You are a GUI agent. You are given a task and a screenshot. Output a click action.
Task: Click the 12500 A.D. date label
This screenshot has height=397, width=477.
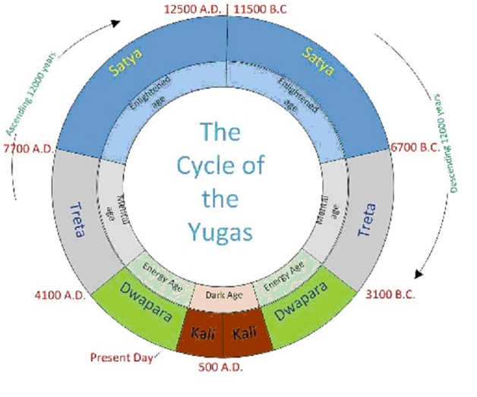pos(194,8)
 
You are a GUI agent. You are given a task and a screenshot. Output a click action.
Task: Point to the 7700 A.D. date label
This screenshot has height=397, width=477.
pos(30,148)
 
